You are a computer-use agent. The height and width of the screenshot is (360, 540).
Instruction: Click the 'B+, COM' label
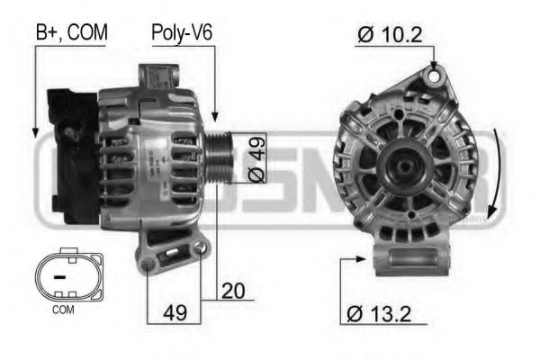(71, 33)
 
